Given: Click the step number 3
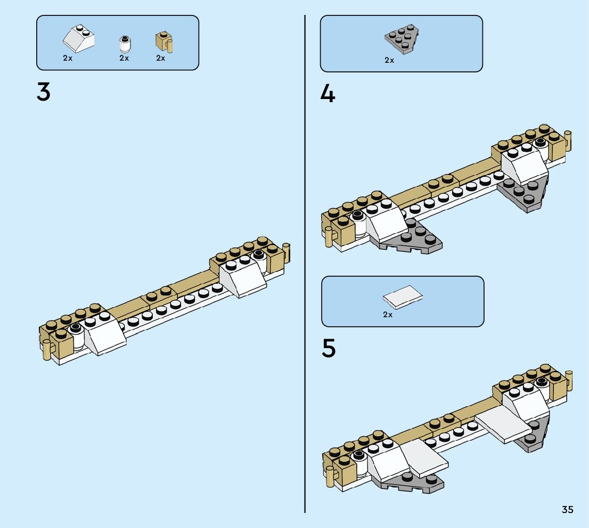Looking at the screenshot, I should coord(44,92).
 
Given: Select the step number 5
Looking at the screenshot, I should coord(329,349).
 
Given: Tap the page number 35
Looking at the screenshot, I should coord(567,510).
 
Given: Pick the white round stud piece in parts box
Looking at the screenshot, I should coord(125,44).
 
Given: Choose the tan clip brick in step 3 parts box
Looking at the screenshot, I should coord(163,42).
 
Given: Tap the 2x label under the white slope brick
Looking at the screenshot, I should coord(68,58).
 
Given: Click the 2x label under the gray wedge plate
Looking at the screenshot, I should coord(389,60).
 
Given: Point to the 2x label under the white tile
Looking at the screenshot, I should coord(388,315).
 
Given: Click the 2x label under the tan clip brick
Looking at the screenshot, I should coord(161,58).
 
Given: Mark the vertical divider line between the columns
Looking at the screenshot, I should coord(305,266).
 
